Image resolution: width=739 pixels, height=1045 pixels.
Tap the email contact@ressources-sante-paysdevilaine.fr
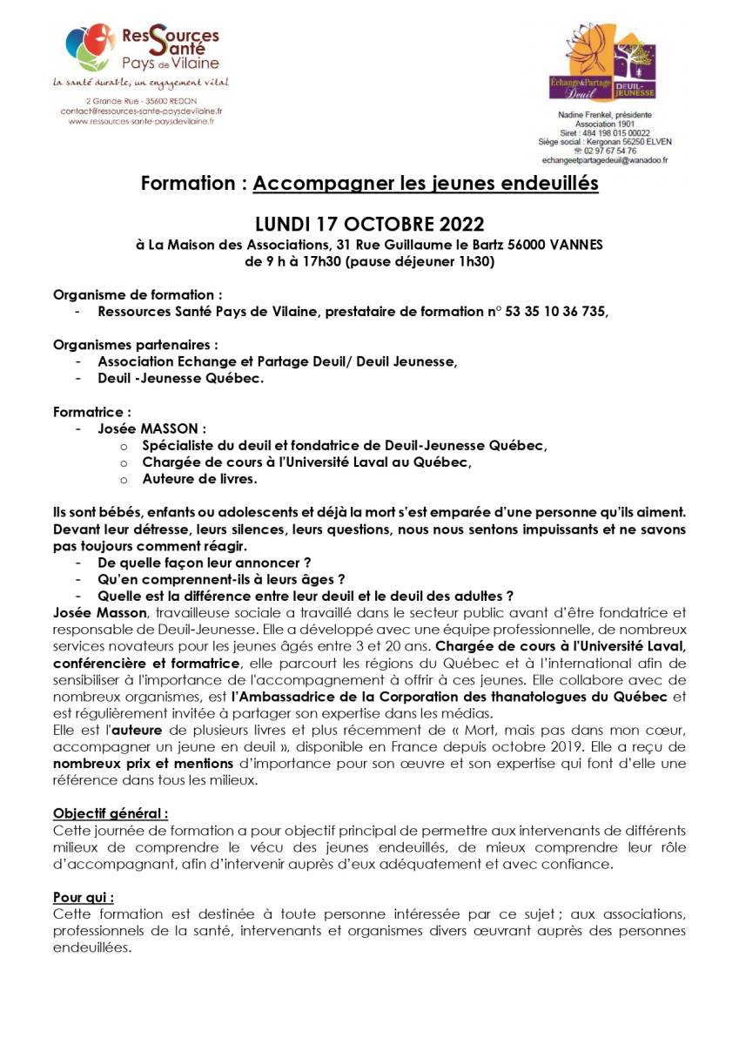[x=142, y=111]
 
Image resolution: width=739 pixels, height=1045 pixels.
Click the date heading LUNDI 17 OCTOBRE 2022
[x=369, y=224]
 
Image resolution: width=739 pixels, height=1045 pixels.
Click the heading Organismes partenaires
[x=135, y=344]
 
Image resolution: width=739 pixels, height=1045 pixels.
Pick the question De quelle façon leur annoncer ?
[x=205, y=563]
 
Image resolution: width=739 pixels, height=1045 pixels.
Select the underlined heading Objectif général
[x=111, y=812]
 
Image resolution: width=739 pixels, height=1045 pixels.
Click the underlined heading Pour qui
[x=84, y=896]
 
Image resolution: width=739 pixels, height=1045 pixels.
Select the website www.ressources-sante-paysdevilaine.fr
[x=142, y=122]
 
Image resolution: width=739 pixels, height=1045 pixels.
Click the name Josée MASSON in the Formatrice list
[x=152, y=428]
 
